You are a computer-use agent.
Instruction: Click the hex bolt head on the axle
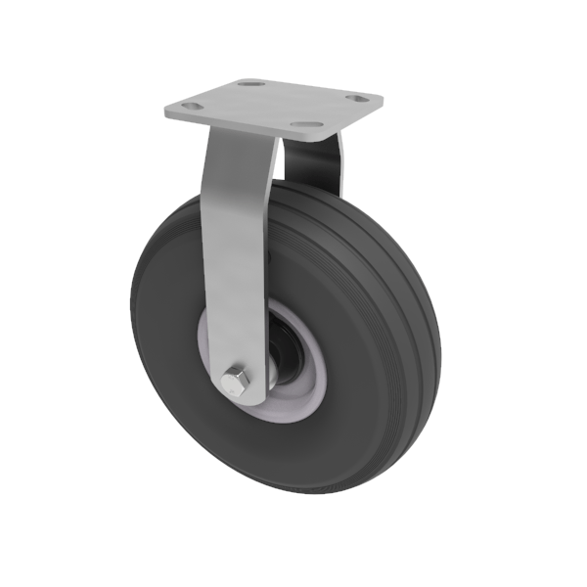click(237, 382)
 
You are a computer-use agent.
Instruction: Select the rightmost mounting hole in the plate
click(361, 99)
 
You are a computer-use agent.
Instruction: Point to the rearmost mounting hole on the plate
click(252, 85)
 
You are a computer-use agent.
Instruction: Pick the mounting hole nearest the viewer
click(308, 126)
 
